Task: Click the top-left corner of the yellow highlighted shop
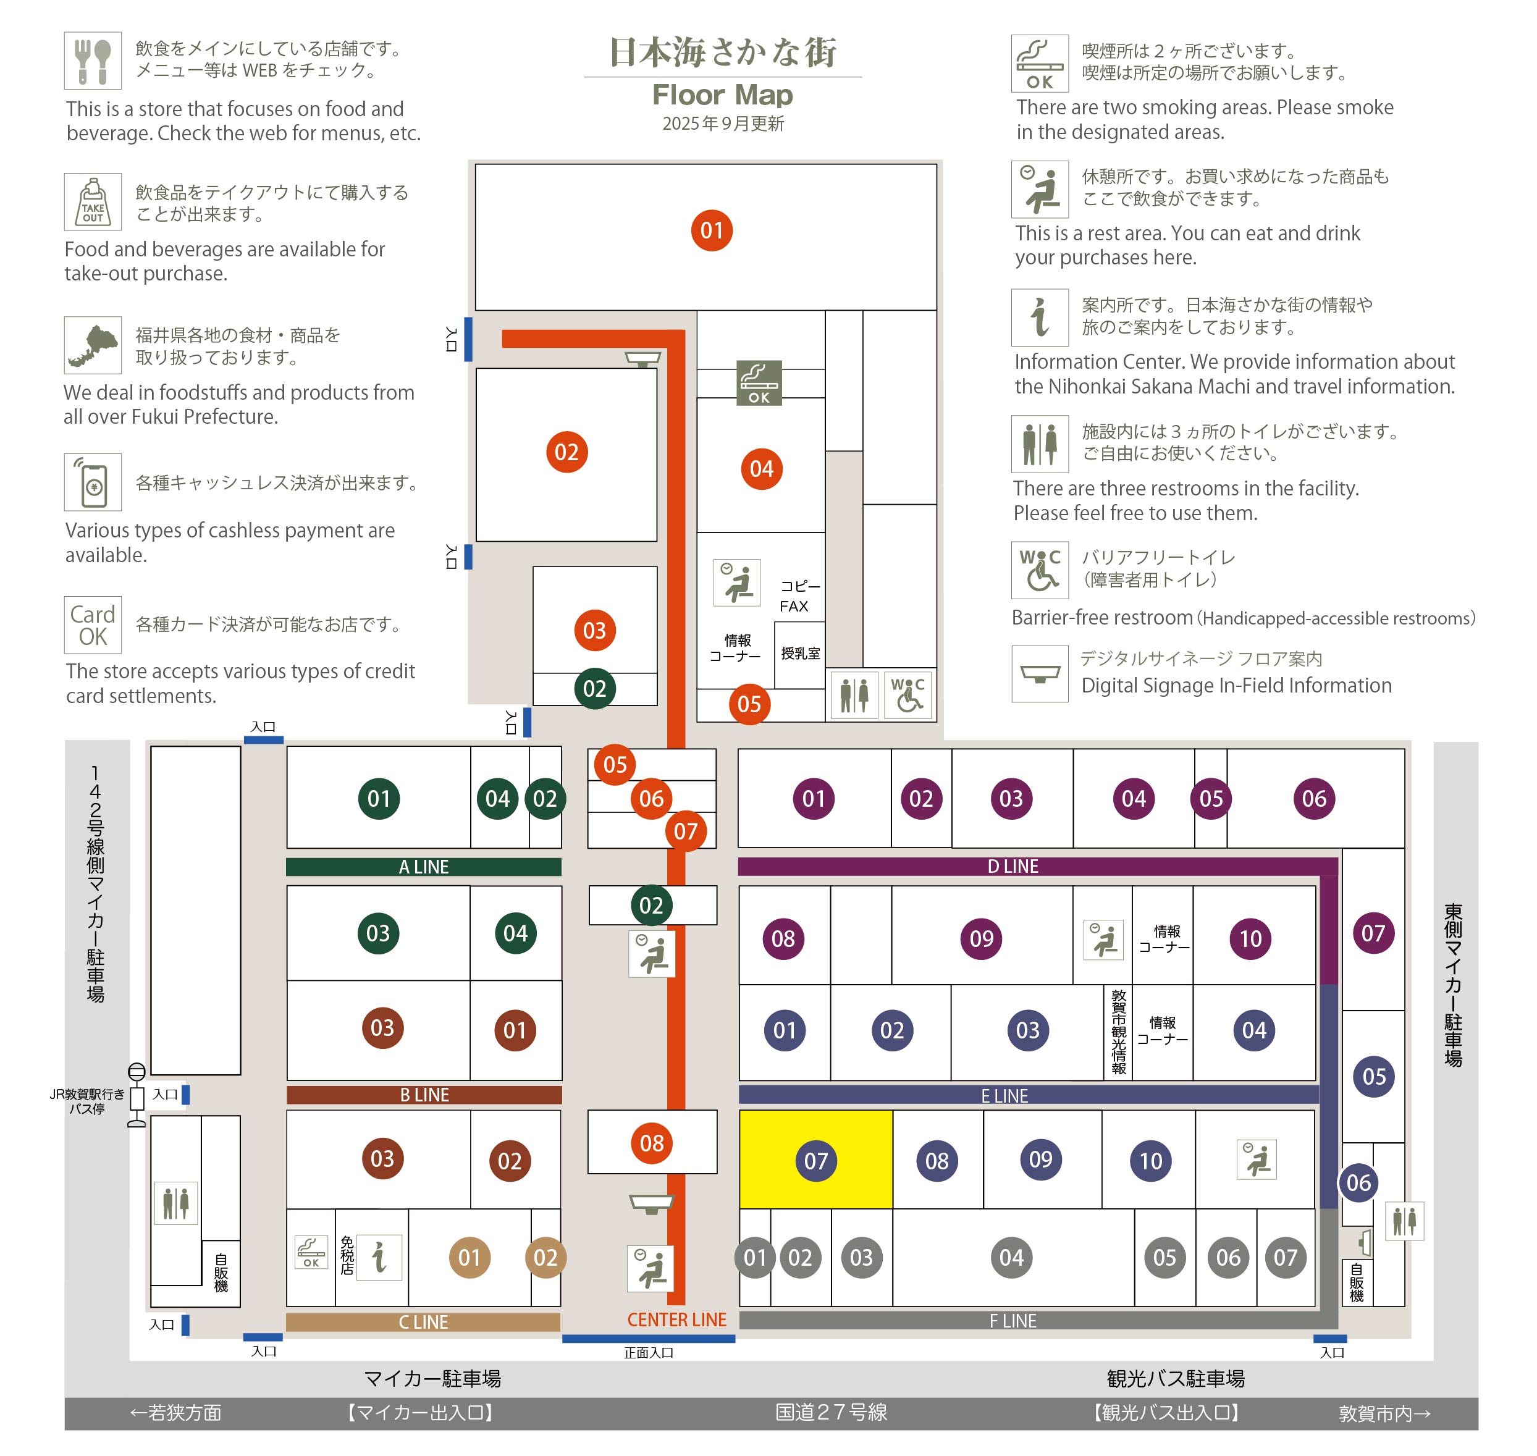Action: pyautogui.click(x=741, y=1111)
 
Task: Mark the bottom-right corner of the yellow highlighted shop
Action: pyautogui.click(x=892, y=1208)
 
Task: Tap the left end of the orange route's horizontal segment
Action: pyautogui.click(x=503, y=339)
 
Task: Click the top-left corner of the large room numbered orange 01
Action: pyautogui.click(x=476, y=164)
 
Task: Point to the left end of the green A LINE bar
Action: pyautogui.click(x=287, y=867)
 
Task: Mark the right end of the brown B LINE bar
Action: pyautogui.click(x=561, y=1095)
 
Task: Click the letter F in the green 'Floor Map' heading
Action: pyautogui.click(x=660, y=95)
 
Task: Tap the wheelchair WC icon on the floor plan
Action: pyautogui.click(x=907, y=694)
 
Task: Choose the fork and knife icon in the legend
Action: pyautogui.click(x=93, y=61)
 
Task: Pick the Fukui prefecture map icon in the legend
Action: pyautogui.click(x=93, y=345)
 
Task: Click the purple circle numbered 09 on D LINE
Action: pyautogui.click(x=981, y=938)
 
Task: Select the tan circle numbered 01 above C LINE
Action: pyautogui.click(x=469, y=1257)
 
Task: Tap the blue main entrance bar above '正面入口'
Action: pyautogui.click(x=648, y=1338)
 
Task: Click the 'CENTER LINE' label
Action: pyautogui.click(x=677, y=1319)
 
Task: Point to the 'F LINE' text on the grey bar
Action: pyautogui.click(x=1013, y=1321)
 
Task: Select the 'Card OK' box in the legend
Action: pyautogui.click(x=93, y=625)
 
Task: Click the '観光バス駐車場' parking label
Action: pyautogui.click(x=1175, y=1378)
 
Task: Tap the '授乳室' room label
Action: pyautogui.click(x=801, y=654)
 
